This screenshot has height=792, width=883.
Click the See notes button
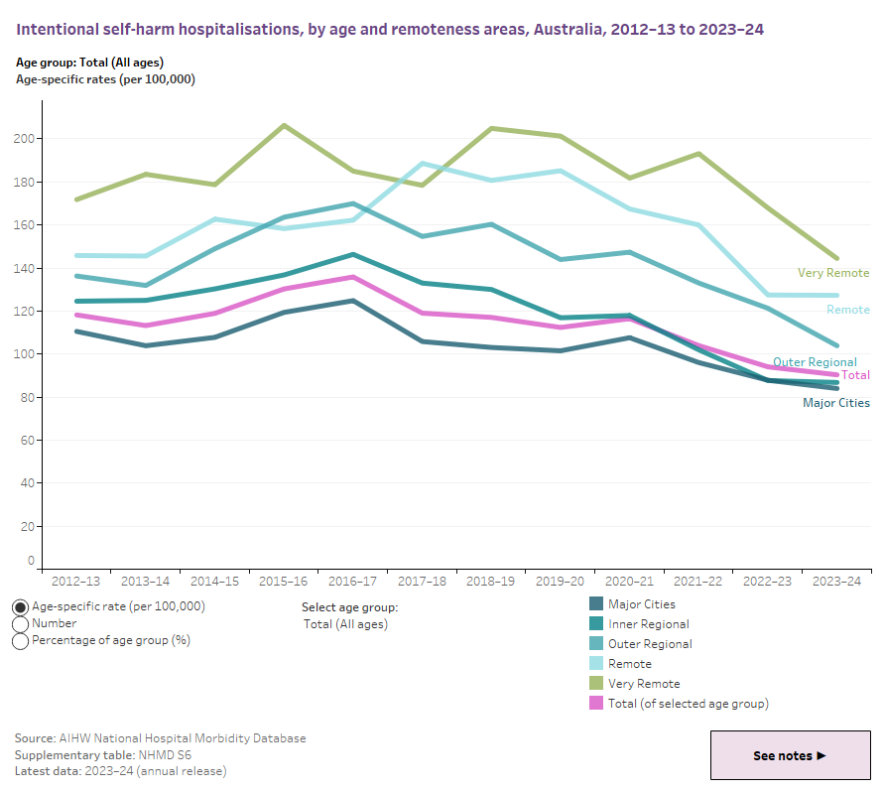point(790,755)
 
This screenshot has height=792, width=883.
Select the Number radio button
point(20,624)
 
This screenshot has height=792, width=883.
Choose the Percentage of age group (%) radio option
point(20,641)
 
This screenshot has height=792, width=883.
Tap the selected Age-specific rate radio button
point(20,606)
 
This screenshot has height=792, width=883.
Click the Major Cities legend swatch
point(596,604)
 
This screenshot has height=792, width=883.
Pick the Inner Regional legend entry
point(648,624)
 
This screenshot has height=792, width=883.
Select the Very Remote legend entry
point(644,684)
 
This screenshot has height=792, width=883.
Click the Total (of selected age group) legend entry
point(688,704)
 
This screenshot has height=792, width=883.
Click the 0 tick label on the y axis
point(32,562)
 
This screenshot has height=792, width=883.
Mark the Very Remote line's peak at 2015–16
point(284,125)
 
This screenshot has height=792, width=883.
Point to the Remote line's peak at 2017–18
point(424,163)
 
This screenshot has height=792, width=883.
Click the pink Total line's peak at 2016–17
point(353,277)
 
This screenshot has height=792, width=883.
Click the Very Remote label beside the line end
point(832,273)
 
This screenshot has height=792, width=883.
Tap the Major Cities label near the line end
point(835,403)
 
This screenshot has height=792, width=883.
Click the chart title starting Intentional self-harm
point(390,30)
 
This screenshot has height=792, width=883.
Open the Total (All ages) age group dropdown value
point(345,624)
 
